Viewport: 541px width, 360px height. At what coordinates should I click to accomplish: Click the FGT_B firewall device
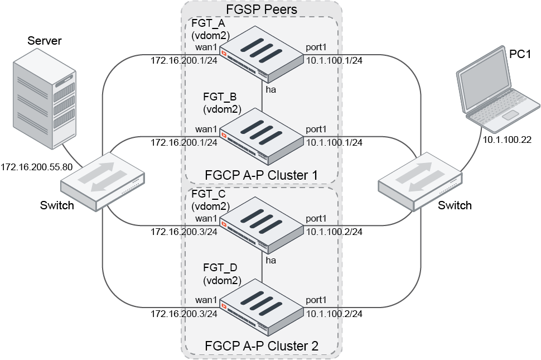[x=262, y=134]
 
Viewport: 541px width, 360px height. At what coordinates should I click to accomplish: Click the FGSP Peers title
[x=261, y=9]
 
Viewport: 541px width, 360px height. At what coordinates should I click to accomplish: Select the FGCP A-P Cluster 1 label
[x=261, y=175]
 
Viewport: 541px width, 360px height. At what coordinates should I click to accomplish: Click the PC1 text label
[x=520, y=54]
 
